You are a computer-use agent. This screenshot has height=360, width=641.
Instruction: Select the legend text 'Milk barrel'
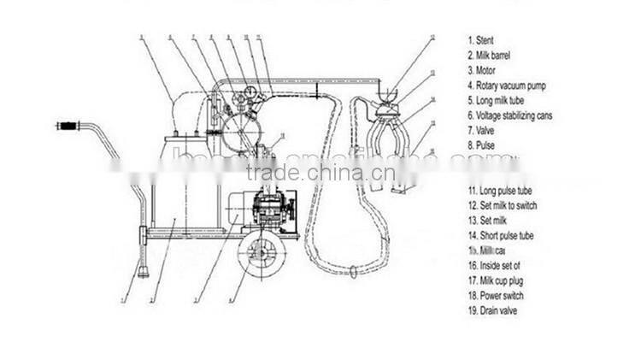click(x=491, y=55)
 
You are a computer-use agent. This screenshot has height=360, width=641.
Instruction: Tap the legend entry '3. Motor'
click(x=481, y=70)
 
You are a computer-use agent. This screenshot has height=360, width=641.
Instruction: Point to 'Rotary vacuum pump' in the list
click(x=507, y=86)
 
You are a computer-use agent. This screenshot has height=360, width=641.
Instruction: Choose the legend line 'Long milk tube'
click(x=497, y=100)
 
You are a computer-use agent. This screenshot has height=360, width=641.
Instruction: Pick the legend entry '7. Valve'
click(x=480, y=130)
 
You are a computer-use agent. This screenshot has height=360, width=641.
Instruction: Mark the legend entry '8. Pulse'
click(x=480, y=145)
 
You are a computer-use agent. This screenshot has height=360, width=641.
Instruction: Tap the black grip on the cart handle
click(x=68, y=127)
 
